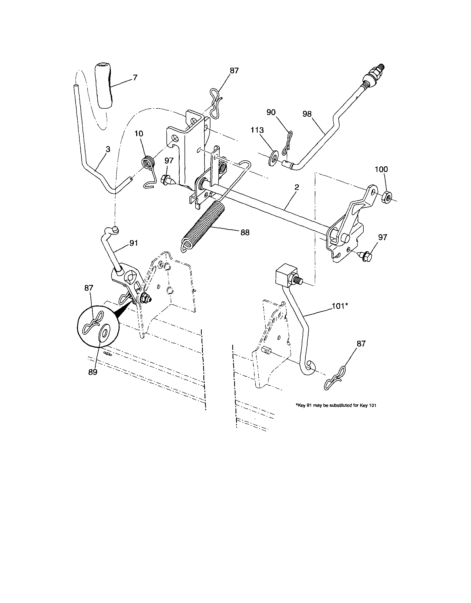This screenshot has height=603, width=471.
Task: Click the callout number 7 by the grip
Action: tap(135, 78)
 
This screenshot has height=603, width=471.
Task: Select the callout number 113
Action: tap(257, 130)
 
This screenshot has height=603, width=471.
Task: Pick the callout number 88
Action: tap(245, 233)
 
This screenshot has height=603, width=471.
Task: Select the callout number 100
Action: tap(381, 169)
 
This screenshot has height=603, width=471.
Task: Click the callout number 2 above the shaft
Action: tap(296, 187)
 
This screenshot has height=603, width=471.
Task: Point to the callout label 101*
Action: tap(340, 306)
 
